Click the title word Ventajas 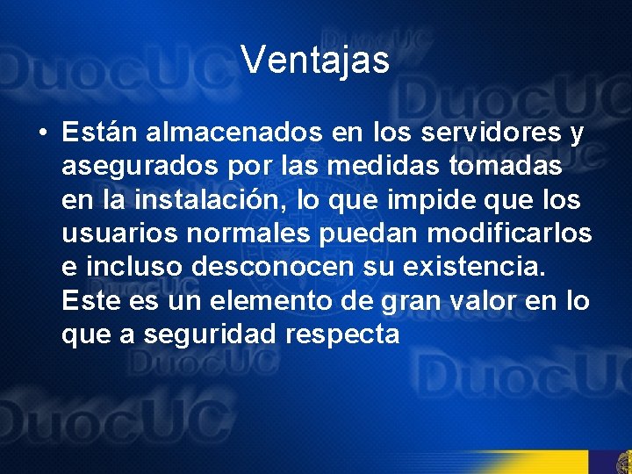point(315,61)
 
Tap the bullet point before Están point(42,134)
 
